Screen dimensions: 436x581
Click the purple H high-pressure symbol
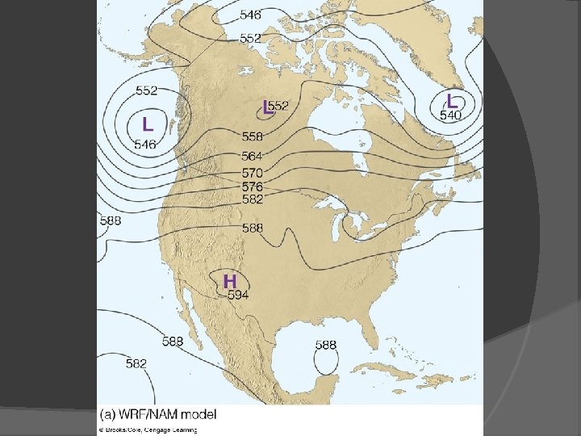(x=230, y=281)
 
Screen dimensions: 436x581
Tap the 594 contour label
(x=238, y=295)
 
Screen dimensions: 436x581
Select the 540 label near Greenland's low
(x=450, y=115)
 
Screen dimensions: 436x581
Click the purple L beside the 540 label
(x=452, y=102)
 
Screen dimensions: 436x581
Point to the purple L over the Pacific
(x=148, y=124)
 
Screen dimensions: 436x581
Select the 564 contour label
(x=252, y=156)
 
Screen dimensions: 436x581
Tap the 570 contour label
(x=252, y=173)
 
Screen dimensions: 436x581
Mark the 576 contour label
(x=252, y=186)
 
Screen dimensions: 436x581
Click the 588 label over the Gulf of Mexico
(x=325, y=345)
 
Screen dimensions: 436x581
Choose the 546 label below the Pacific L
(x=145, y=145)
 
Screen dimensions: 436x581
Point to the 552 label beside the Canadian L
(x=279, y=106)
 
